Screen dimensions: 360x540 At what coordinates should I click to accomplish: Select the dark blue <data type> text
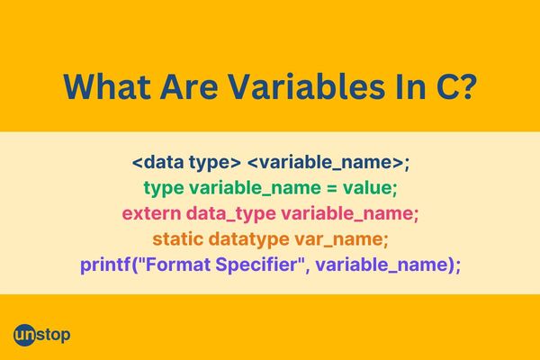pyautogui.click(x=185, y=164)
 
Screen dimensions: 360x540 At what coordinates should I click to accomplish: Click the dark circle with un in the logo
pyautogui.click(x=25, y=335)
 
